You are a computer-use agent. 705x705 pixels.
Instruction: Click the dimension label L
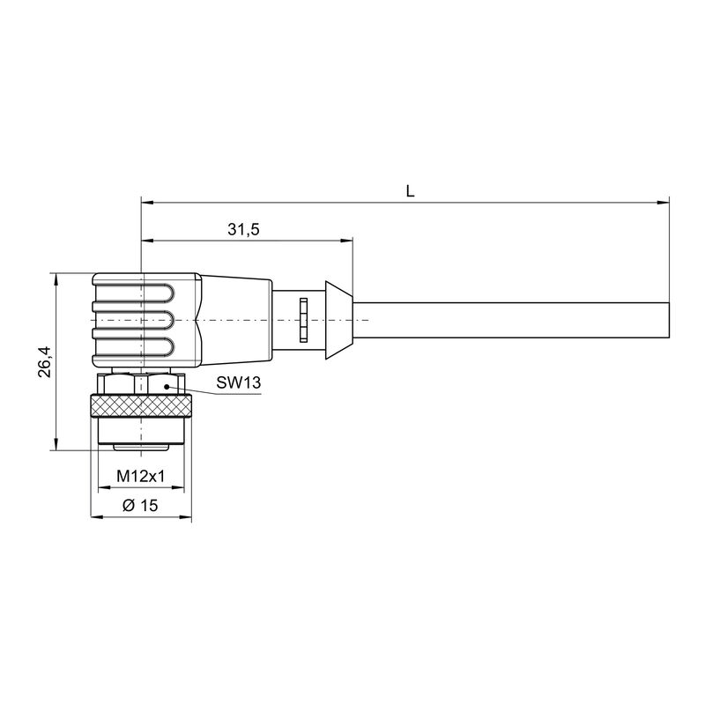coord(410,190)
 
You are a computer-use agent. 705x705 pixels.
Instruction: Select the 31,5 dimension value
coord(243,229)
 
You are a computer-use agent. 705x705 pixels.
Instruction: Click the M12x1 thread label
coord(143,477)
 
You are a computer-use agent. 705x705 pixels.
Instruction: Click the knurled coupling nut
coord(142,407)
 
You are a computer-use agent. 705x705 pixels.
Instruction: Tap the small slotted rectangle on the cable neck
coord(302,319)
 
